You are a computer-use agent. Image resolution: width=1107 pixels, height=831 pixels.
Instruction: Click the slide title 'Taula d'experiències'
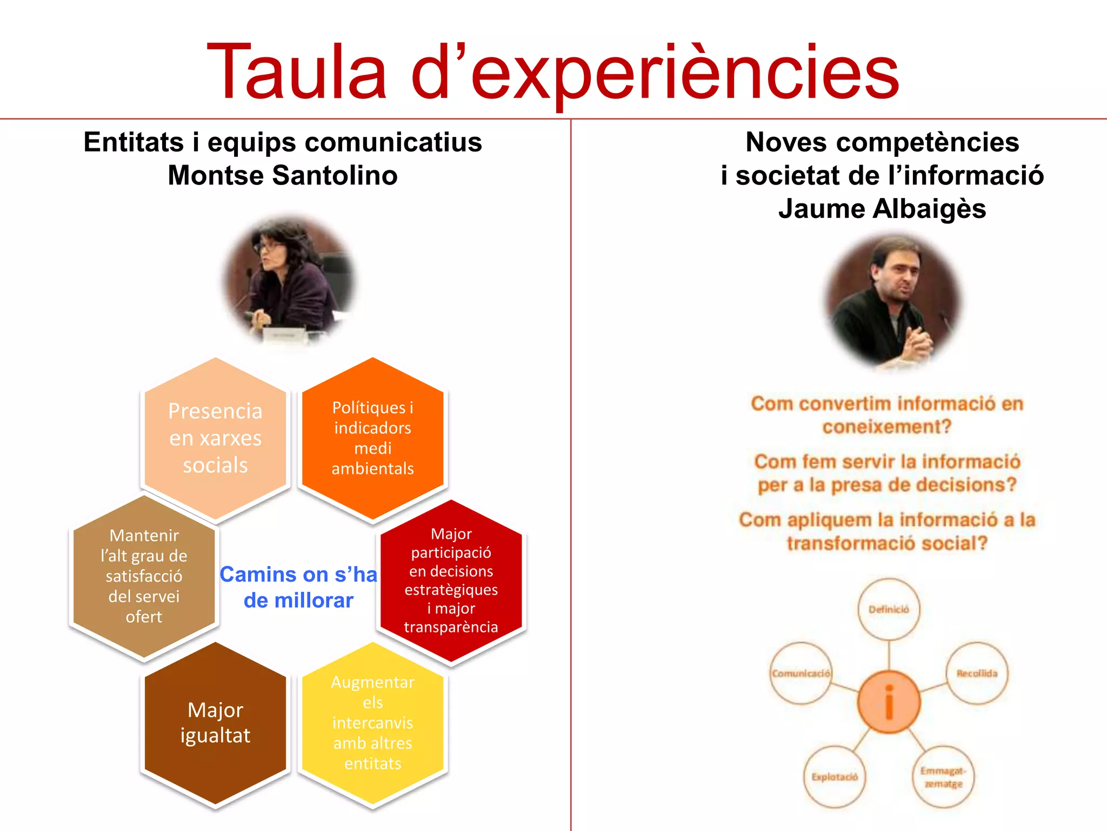(x=552, y=71)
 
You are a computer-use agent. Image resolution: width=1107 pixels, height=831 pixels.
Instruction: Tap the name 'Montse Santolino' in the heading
(x=283, y=175)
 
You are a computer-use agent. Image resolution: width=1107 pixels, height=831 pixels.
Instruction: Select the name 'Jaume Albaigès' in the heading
(x=882, y=209)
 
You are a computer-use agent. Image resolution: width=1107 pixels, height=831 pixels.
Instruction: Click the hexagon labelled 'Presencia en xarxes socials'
(x=215, y=438)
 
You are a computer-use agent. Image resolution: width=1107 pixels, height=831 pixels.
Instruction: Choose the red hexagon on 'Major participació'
(x=451, y=580)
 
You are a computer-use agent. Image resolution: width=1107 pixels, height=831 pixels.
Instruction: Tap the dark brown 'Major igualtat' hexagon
(x=215, y=723)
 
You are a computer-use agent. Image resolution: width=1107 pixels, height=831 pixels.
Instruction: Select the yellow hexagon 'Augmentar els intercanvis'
(x=372, y=723)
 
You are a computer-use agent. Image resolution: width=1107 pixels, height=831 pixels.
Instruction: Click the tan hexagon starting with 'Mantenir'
(x=144, y=576)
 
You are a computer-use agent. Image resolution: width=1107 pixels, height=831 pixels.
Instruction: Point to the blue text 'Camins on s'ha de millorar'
(x=298, y=587)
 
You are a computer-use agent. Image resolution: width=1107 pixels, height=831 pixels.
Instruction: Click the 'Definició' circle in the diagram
(x=889, y=609)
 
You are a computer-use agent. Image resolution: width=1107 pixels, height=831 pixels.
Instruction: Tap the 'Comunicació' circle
(x=801, y=673)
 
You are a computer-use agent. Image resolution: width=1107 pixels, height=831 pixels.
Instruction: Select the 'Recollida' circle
(x=977, y=673)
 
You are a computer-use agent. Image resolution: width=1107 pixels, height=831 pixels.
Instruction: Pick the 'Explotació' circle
(x=835, y=777)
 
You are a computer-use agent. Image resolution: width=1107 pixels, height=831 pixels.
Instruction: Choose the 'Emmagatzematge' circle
(x=943, y=777)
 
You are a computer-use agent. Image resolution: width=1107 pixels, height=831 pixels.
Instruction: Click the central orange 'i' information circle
(x=889, y=702)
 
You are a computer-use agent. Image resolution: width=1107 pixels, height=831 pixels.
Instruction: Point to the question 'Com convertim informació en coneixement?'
(x=887, y=415)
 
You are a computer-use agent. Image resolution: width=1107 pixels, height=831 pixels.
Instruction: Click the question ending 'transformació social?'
(x=887, y=531)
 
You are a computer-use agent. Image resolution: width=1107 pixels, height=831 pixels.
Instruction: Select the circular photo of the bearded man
(x=892, y=300)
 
